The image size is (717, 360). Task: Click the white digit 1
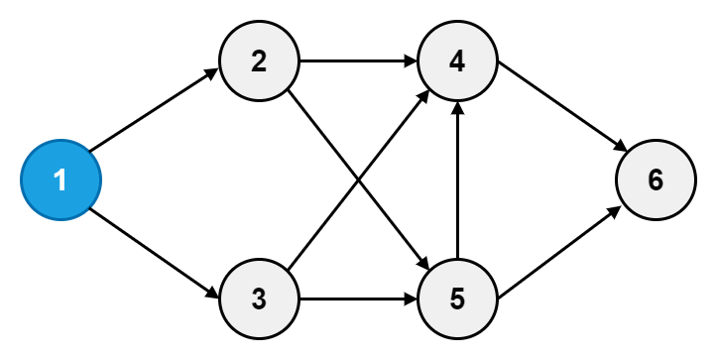pos(60,180)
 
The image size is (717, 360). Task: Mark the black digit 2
pos(259,61)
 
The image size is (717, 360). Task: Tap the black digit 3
pos(259,300)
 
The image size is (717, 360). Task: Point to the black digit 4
pos(457,61)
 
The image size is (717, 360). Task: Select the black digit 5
pos(457,300)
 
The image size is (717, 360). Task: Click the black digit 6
pos(656,180)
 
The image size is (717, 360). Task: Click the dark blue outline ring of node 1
pos(22,180)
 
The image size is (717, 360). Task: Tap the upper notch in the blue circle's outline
pos(89,151)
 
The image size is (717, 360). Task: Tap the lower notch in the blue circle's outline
pos(89,209)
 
